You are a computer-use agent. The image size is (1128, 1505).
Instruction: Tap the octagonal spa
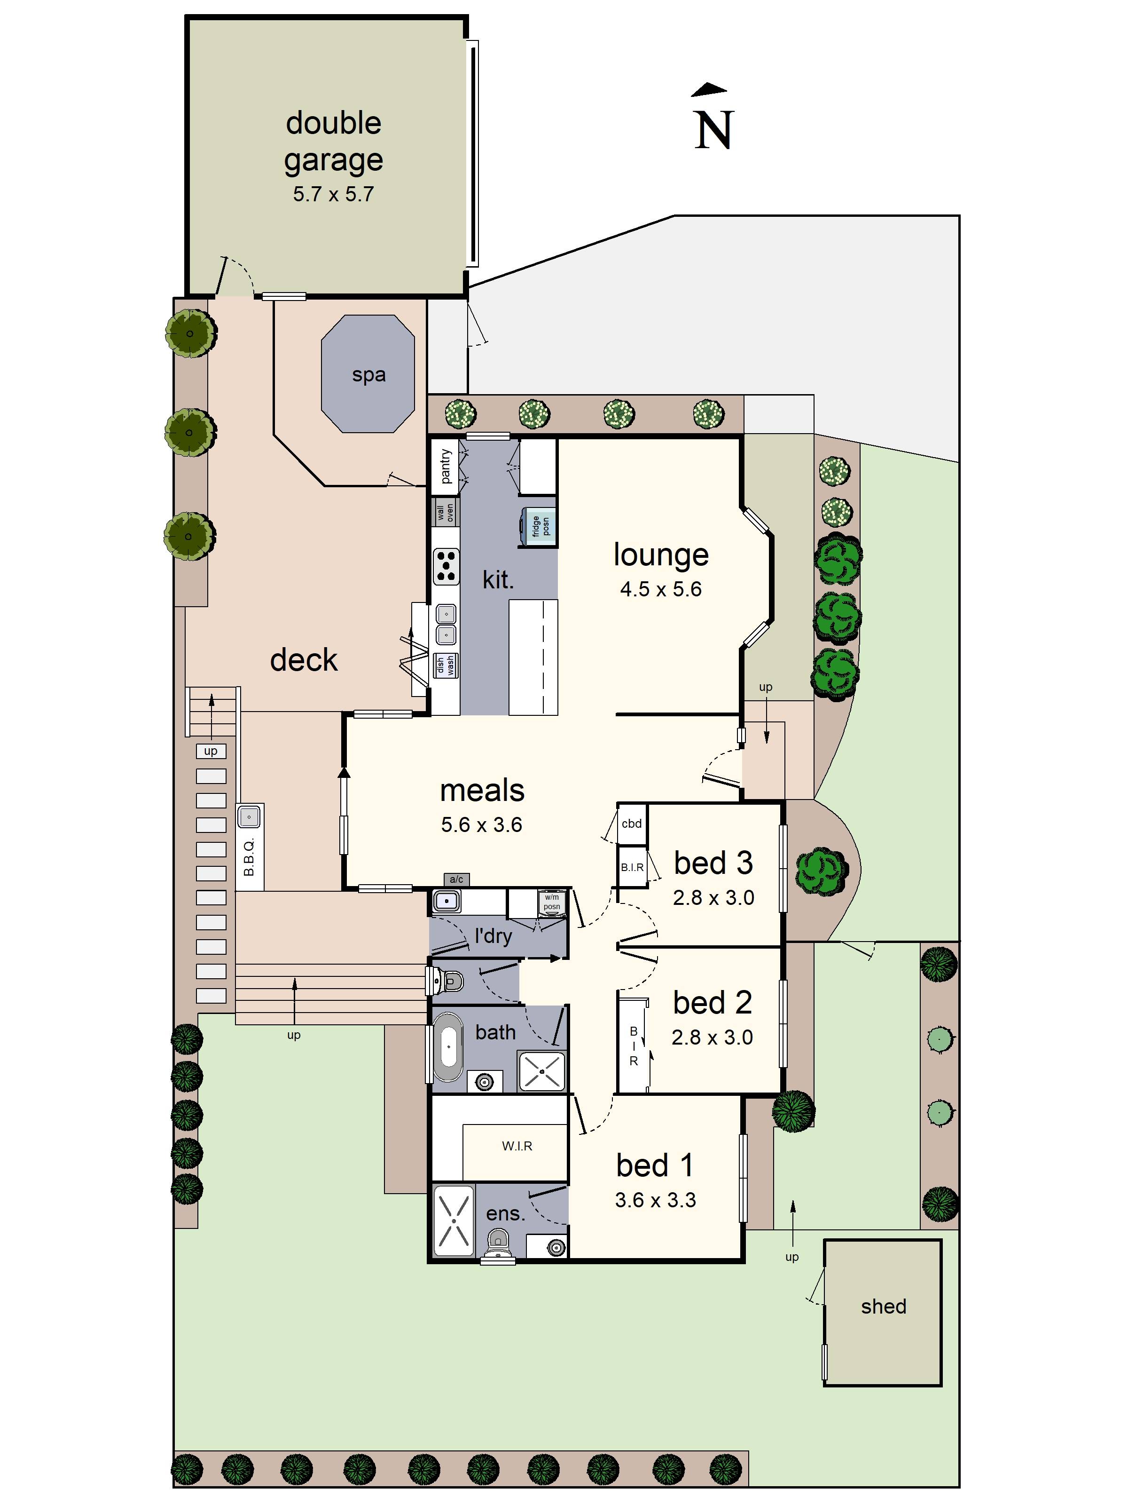368,373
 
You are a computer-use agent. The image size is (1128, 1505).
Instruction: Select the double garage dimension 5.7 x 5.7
333,194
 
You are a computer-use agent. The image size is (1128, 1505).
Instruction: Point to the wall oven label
446,512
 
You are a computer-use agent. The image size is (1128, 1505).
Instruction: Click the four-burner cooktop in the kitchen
446,567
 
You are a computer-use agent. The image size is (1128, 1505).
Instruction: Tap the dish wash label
446,665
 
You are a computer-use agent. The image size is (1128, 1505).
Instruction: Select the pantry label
446,466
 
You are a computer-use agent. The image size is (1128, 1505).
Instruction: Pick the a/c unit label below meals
456,879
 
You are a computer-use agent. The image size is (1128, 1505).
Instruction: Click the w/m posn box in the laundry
551,902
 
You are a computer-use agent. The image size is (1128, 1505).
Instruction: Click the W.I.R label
517,1146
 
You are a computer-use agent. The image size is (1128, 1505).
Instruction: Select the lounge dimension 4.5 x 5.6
660,589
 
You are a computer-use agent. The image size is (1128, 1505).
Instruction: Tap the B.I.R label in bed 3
632,867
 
